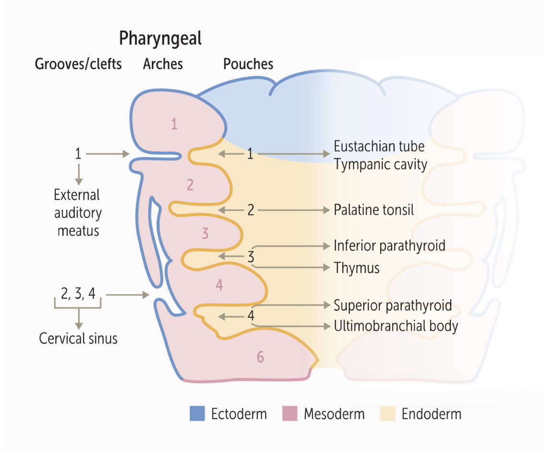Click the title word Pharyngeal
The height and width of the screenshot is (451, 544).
pyautogui.click(x=160, y=39)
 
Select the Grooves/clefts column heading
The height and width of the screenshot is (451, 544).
pyautogui.click(x=78, y=64)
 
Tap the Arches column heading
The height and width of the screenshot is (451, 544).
pyautogui.click(x=163, y=64)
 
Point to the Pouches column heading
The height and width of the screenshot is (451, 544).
pyautogui.click(x=248, y=64)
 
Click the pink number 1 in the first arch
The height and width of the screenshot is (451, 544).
pyautogui.click(x=174, y=125)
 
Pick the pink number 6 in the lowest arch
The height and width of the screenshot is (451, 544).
pyautogui.click(x=260, y=358)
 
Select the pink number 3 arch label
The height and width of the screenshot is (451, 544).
pyautogui.click(x=205, y=234)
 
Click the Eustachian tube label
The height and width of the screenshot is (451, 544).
pyautogui.click(x=379, y=146)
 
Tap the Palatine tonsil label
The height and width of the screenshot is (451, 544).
pyautogui.click(x=374, y=210)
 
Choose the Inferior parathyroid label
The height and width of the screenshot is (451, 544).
pyautogui.click(x=390, y=246)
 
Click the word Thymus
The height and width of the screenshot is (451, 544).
pyautogui.click(x=357, y=268)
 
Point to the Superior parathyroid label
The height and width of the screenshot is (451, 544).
pyautogui.click(x=393, y=305)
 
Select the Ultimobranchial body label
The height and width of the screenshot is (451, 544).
pyautogui.click(x=396, y=326)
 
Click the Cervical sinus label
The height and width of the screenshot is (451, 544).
pyautogui.click(x=78, y=338)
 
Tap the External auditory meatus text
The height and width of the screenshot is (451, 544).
pyautogui.click(x=78, y=213)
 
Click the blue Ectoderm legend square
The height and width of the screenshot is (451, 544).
pyautogui.click(x=197, y=413)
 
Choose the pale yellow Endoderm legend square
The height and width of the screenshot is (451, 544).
pyautogui.click(x=388, y=413)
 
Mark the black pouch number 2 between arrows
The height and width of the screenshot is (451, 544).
pyautogui.click(x=250, y=210)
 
